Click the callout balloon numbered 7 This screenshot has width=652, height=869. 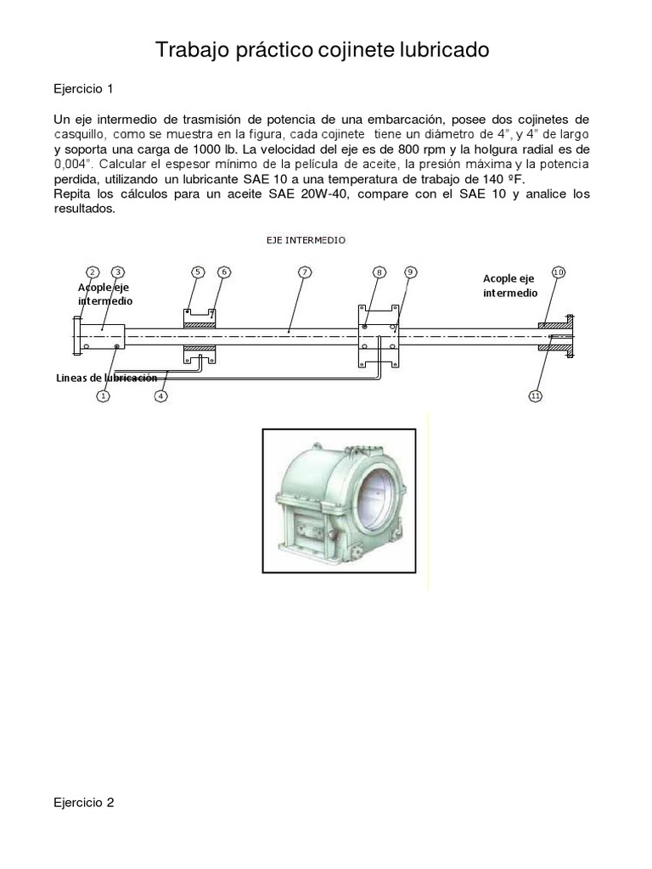pos(305,272)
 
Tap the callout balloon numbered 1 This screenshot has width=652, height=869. pos(103,395)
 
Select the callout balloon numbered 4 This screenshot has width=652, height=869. pos(161,395)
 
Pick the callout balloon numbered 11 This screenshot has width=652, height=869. pos(535,395)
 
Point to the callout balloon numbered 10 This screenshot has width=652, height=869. pos(558,272)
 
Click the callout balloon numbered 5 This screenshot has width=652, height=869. pos(197,272)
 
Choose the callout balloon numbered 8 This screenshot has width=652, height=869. pos(379,272)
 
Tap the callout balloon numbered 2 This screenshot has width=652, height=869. pos(93,272)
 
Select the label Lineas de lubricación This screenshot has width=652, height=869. pos(107,377)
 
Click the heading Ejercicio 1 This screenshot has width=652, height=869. pos(83,88)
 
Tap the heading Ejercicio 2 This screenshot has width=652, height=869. pos(83,802)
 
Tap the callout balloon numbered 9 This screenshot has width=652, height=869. pos(410,272)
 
